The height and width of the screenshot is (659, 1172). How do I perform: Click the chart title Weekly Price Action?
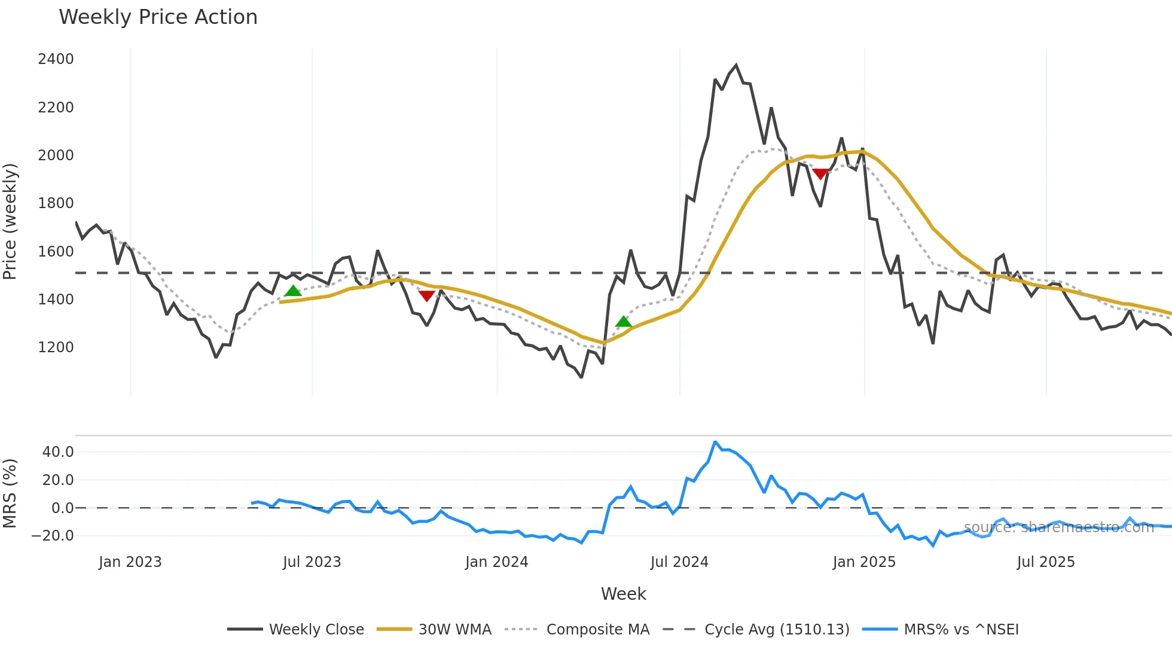(158, 17)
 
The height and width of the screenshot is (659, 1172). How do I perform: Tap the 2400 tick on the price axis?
(56, 59)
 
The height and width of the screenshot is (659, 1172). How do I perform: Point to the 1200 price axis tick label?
(56, 347)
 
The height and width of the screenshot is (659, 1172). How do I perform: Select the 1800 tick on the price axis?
(56, 203)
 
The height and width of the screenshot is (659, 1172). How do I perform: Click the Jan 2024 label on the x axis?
(496, 562)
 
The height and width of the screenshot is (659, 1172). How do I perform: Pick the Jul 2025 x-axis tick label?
(1046, 562)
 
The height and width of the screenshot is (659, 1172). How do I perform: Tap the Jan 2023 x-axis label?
(130, 562)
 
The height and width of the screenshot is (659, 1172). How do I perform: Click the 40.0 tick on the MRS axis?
(58, 452)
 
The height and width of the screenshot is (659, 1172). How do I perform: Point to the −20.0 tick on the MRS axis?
(53, 536)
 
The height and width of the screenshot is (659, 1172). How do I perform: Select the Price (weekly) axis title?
(10, 221)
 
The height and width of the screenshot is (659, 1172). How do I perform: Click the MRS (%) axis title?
(10, 493)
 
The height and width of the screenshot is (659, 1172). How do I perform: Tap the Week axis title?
(623, 594)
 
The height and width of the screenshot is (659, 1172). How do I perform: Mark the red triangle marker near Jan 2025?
(820, 174)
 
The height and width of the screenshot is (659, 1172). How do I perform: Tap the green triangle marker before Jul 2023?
(293, 291)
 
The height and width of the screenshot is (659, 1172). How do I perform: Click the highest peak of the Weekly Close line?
(736, 65)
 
